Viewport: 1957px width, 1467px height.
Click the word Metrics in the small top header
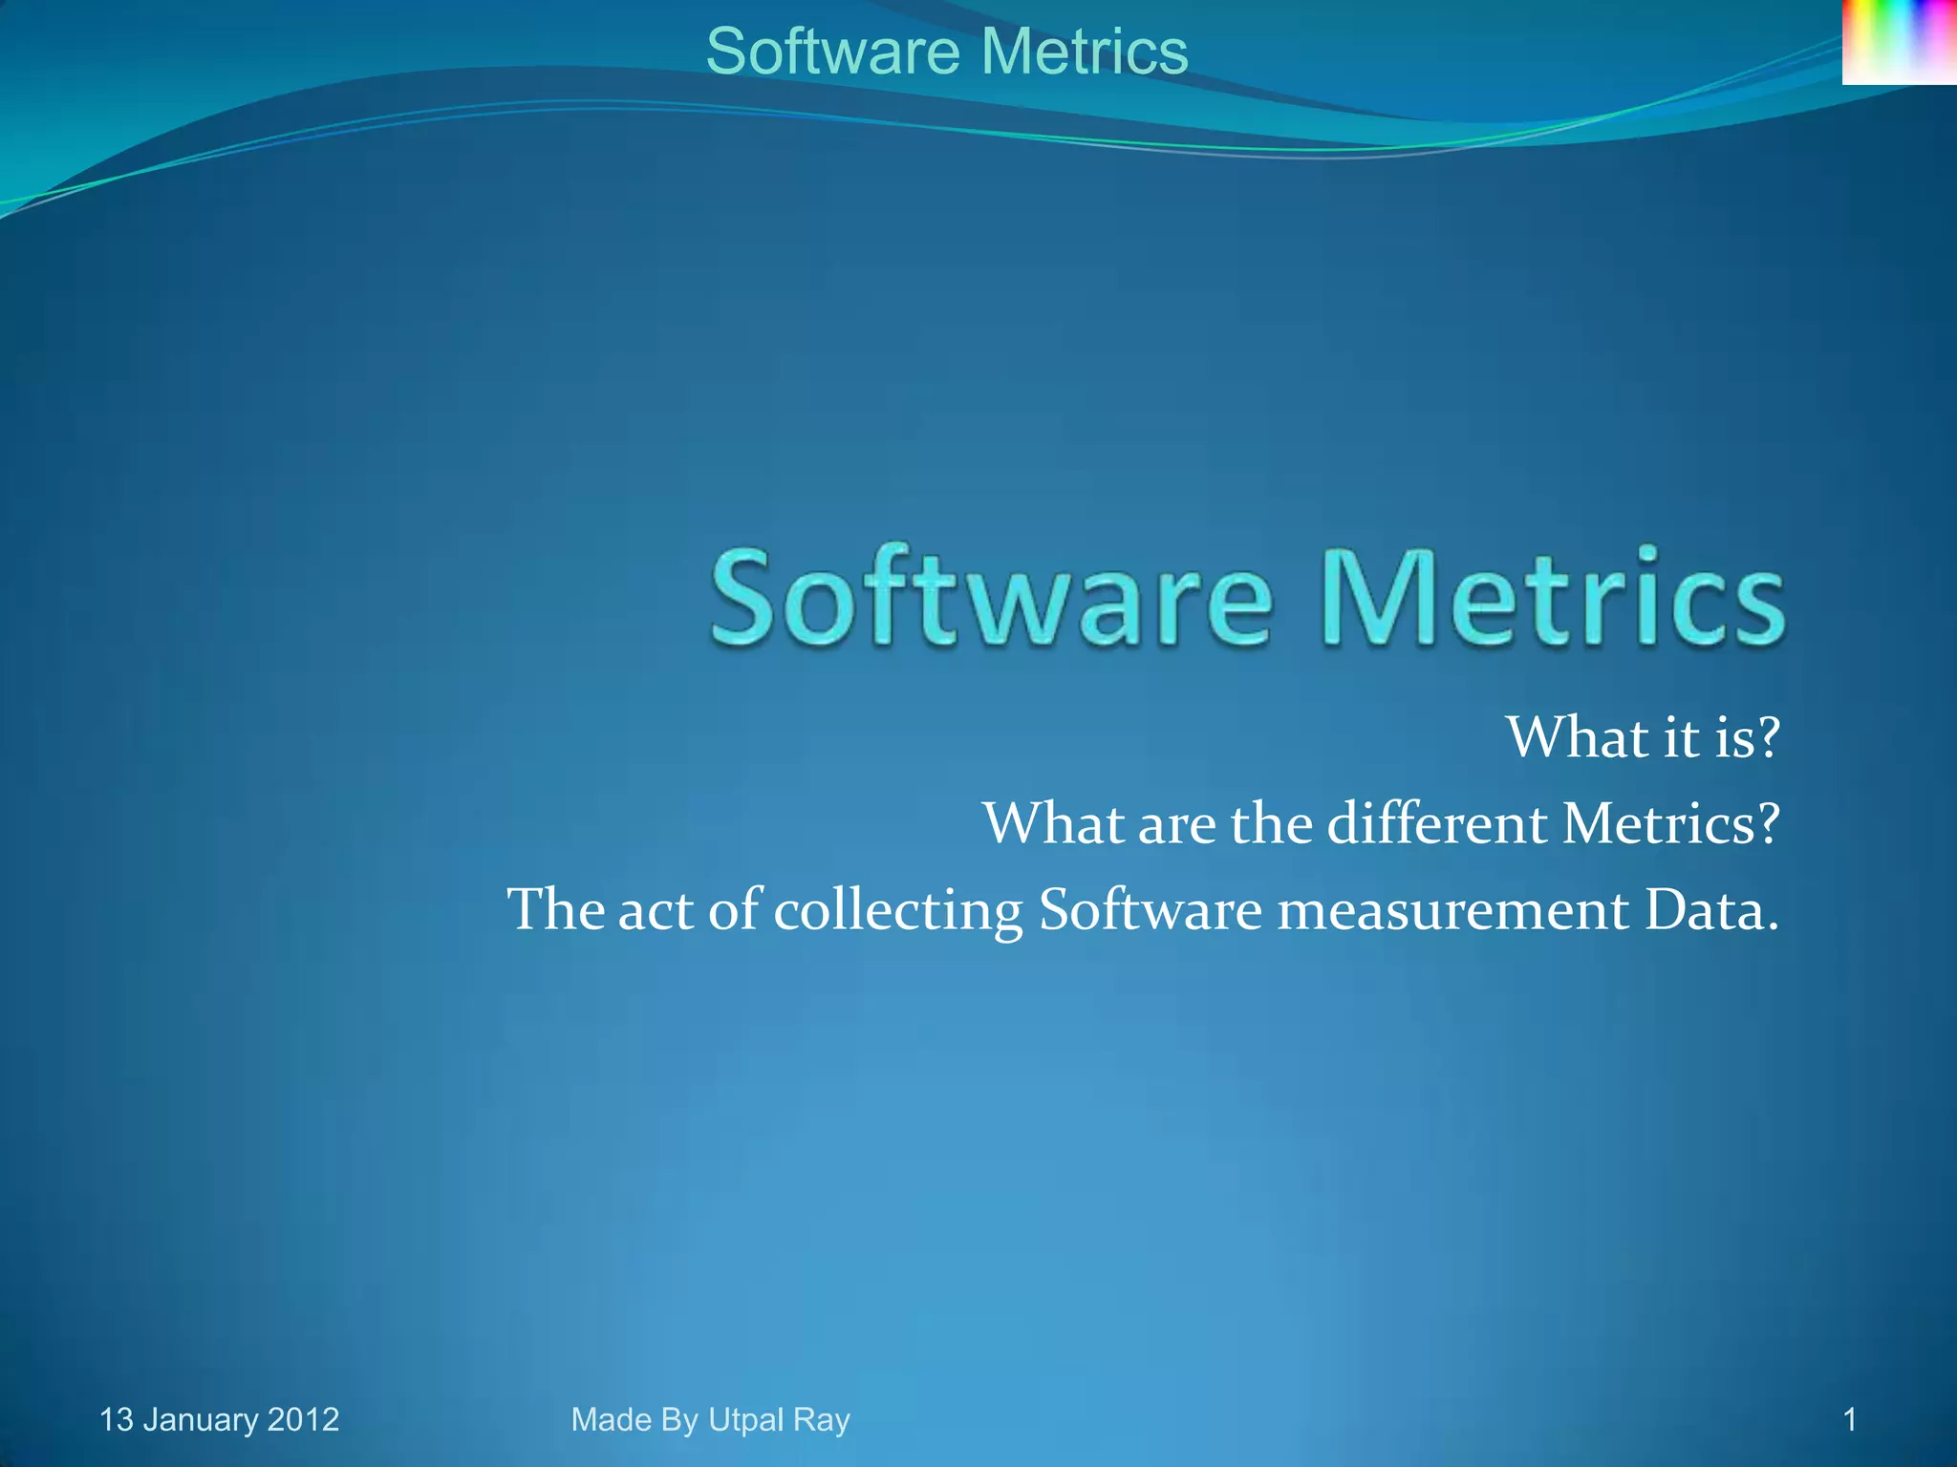(x=1085, y=52)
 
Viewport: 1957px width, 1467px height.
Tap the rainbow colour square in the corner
(x=1899, y=42)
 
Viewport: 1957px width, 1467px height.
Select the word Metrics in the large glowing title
(x=1553, y=599)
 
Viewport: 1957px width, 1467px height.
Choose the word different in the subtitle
(x=1437, y=823)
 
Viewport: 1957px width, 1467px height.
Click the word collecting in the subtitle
(x=898, y=910)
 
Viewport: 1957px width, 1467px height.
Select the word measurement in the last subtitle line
(x=1452, y=910)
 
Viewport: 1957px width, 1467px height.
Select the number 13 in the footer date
(x=117, y=1420)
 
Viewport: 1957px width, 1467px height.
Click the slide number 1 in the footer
(x=1850, y=1420)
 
